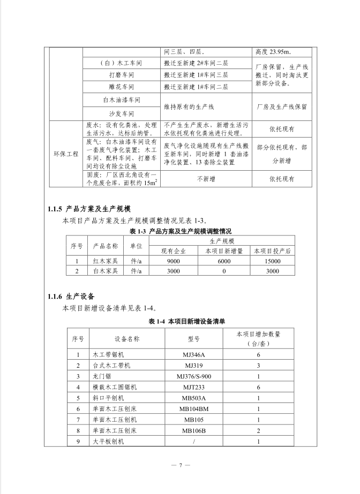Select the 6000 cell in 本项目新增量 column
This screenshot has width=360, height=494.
coord(224,261)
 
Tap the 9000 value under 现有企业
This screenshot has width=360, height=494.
coord(174,261)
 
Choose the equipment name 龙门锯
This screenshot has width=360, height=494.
coord(101,376)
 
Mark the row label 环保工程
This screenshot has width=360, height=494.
coord(66,154)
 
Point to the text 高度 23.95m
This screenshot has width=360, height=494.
coord(274,52)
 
